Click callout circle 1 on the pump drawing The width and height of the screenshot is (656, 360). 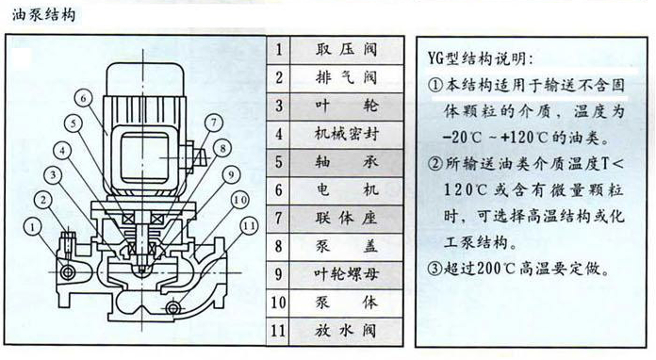tap(34, 226)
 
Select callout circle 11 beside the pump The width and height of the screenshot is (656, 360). tap(247, 226)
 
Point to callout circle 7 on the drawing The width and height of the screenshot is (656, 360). tap(214, 121)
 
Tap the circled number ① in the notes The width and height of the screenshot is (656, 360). tap(435, 84)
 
